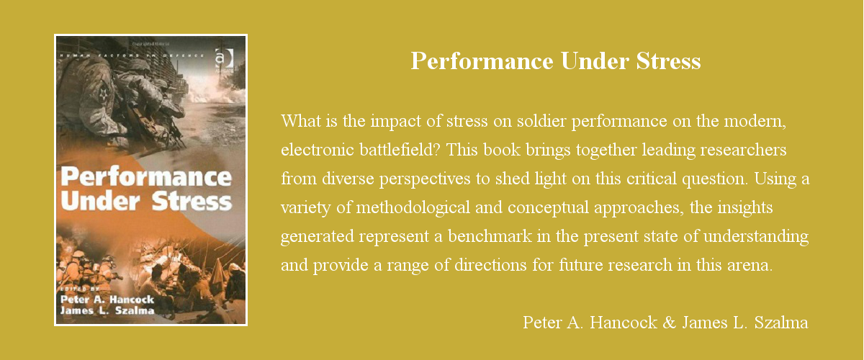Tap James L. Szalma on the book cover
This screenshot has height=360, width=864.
(107, 312)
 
